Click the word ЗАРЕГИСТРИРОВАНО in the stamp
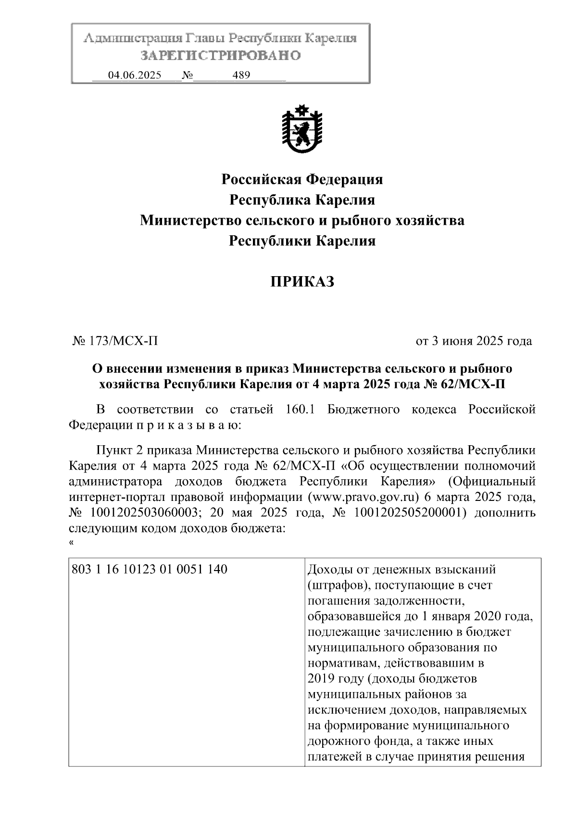(x=221, y=56)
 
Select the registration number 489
(x=241, y=75)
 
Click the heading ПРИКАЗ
(x=301, y=282)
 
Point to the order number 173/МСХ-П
(x=122, y=341)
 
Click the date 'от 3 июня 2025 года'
(x=474, y=341)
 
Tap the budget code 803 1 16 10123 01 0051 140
(x=149, y=570)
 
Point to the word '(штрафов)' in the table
(x=336, y=585)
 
